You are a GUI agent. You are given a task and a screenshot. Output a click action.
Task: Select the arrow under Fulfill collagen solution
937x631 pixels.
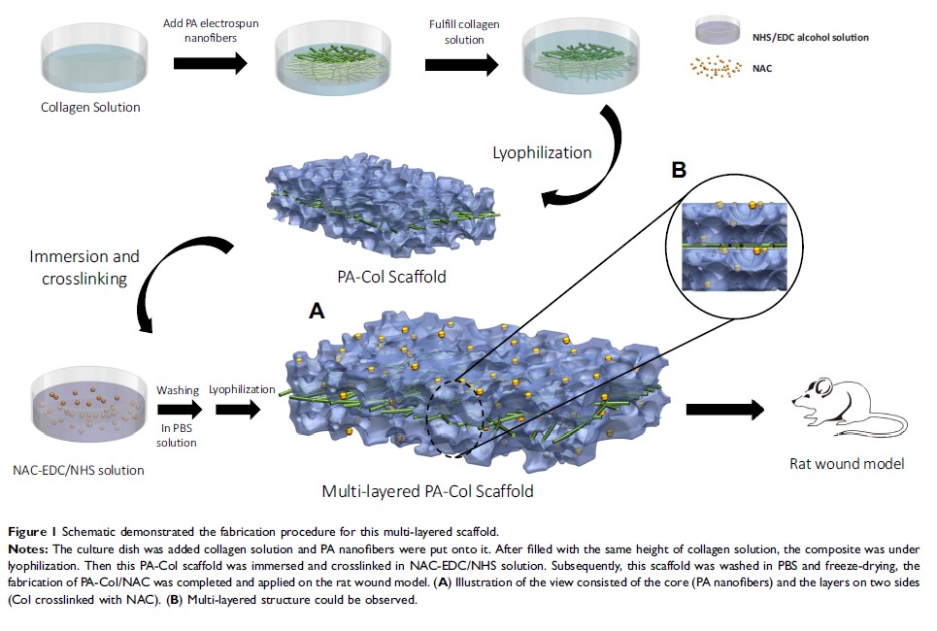(461, 64)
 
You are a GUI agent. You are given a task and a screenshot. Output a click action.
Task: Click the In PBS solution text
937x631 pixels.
(177, 436)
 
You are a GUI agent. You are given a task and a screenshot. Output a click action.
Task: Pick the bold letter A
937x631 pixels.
(316, 311)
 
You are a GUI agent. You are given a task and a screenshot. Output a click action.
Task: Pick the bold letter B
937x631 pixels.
(679, 170)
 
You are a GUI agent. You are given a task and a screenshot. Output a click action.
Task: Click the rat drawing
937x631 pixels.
(826, 406)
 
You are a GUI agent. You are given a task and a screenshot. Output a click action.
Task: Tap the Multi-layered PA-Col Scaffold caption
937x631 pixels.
(427, 490)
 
